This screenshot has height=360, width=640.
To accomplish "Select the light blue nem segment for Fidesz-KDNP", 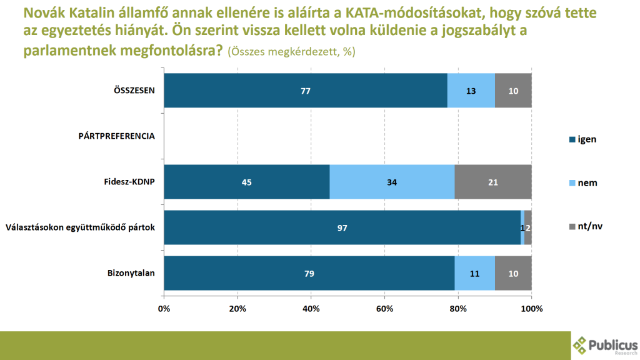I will [x=392, y=182].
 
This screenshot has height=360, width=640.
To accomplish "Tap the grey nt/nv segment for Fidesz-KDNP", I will [x=493, y=182].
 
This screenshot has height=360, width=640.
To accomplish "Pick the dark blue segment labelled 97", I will [x=342, y=228].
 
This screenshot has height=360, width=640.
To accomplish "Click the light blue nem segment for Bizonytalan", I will [x=474, y=273].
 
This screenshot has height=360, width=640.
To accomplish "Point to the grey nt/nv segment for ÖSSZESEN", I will [x=513, y=91].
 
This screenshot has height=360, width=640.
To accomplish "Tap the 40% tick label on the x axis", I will [x=311, y=309].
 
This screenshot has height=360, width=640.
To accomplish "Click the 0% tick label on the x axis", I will [x=164, y=309].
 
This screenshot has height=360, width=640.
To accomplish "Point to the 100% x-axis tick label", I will [x=531, y=309].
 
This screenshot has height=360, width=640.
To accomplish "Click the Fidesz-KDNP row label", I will [x=129, y=182].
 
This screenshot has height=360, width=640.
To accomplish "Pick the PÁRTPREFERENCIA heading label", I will [x=116, y=136].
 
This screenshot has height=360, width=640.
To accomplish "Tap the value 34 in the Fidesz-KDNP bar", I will [x=392, y=182].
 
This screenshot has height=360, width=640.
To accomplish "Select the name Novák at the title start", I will [x=44, y=12].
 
